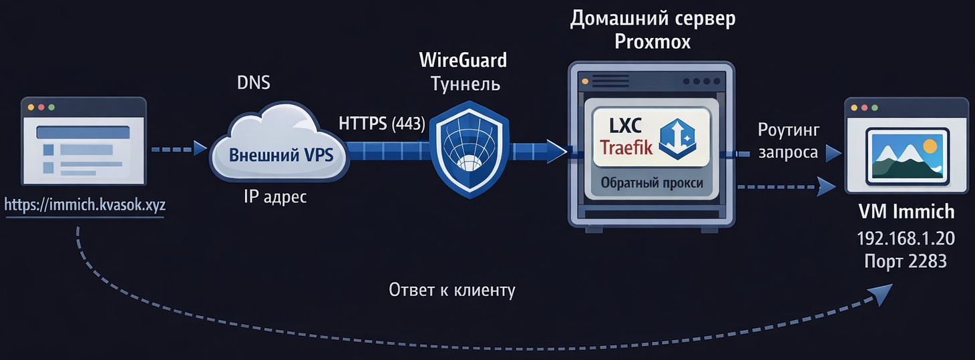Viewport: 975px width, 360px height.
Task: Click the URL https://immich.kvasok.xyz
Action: (x=85, y=206)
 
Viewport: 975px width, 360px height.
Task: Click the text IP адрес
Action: (x=276, y=198)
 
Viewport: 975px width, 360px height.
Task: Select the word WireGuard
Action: (x=463, y=60)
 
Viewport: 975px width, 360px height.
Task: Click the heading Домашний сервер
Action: (x=652, y=18)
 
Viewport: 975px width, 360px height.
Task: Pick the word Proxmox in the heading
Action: (x=652, y=42)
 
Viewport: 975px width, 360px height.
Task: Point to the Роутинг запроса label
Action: (x=788, y=141)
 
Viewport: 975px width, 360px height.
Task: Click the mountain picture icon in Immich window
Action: (x=906, y=156)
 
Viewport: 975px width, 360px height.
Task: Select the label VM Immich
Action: (x=906, y=213)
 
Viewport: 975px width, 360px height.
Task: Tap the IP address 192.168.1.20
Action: (x=906, y=238)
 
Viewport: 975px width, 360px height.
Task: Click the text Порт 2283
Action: (x=906, y=261)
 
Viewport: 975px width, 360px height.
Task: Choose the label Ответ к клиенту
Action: (x=452, y=291)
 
